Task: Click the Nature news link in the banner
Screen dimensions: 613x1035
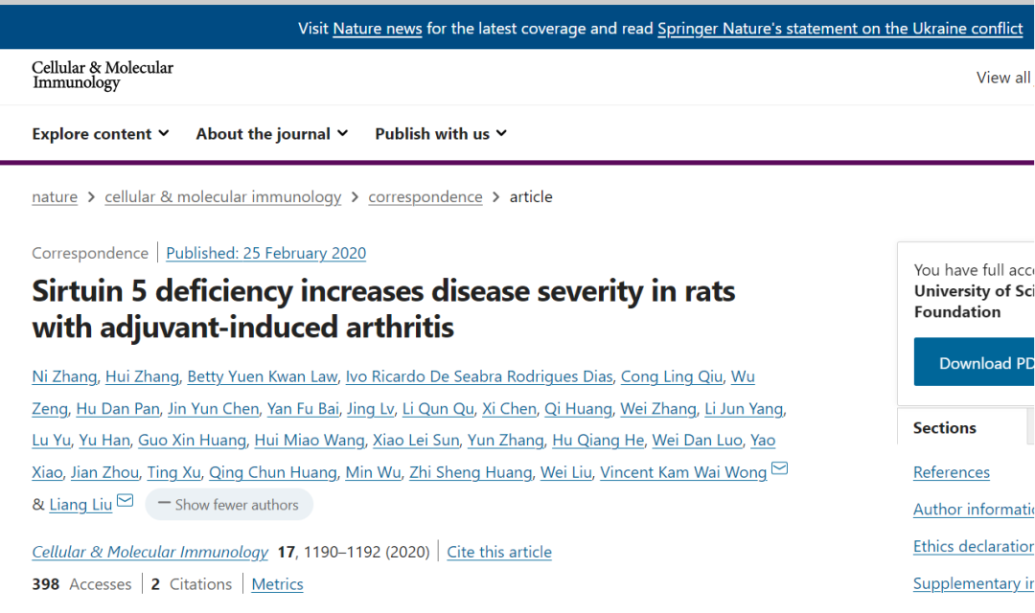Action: point(378,29)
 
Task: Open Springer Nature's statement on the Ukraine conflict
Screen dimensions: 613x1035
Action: point(839,29)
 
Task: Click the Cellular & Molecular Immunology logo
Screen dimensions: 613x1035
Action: point(103,76)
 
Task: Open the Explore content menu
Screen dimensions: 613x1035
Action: point(101,134)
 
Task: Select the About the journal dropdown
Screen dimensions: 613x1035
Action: point(272,134)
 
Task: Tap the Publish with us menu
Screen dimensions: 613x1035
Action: point(441,134)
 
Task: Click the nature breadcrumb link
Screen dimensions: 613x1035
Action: point(55,197)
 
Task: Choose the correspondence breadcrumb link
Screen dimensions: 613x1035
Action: point(425,197)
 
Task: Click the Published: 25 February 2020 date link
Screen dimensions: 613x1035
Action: point(266,254)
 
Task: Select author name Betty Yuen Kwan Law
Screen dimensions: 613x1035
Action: point(263,377)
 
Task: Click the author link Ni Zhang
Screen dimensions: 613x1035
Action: point(64,377)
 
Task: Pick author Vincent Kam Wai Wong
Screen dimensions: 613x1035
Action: point(683,472)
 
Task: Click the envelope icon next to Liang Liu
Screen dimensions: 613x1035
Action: point(126,501)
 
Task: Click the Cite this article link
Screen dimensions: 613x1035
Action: point(499,553)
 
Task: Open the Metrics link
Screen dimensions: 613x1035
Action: point(277,584)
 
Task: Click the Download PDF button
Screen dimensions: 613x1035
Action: point(974,363)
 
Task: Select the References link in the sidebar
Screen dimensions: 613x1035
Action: point(952,472)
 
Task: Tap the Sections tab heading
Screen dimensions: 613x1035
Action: point(945,428)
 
